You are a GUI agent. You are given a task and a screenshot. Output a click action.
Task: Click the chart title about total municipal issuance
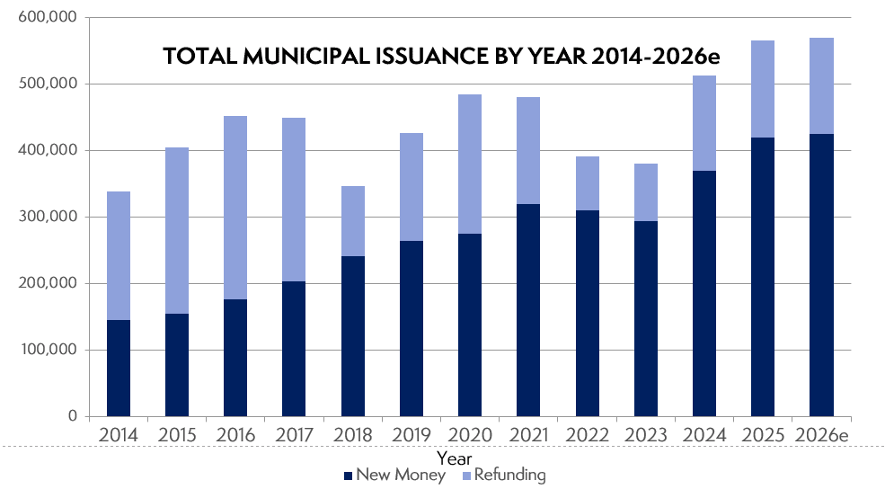[x=442, y=56]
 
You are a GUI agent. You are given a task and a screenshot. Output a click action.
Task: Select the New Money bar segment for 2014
[x=119, y=368]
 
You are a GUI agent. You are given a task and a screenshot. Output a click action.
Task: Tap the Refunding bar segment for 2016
[x=235, y=208]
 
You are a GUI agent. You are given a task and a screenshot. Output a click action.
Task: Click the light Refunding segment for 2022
[x=587, y=183]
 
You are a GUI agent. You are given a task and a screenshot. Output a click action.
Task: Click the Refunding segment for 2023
[x=645, y=192]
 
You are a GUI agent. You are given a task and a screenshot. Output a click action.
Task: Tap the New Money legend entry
[x=394, y=475]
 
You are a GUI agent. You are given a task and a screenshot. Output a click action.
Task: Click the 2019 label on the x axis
[x=411, y=435]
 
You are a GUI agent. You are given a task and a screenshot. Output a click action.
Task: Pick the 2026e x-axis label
[x=820, y=435]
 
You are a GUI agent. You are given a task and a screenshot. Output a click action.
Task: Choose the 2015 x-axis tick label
[x=177, y=435]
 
